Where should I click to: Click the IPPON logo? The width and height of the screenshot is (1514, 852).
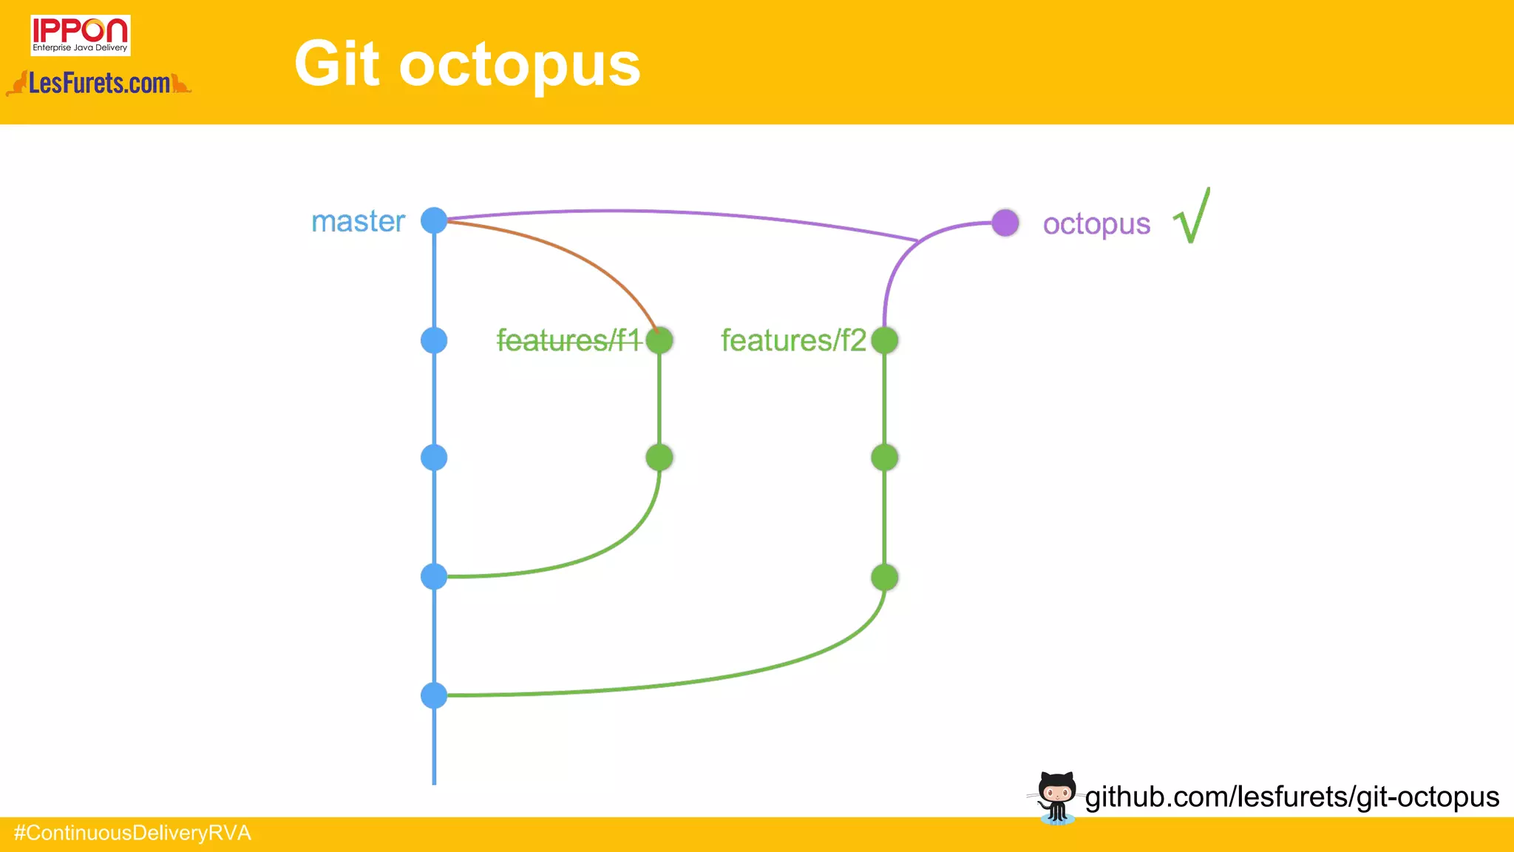[80, 35]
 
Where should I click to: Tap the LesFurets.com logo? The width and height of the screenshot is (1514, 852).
[99, 83]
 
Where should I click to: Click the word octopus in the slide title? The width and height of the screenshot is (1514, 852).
[519, 65]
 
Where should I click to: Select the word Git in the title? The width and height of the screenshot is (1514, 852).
[337, 64]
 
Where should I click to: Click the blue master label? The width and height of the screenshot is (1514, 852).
[359, 221]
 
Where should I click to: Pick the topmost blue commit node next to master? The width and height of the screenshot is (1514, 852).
[434, 220]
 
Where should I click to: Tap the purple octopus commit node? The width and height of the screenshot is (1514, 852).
[1005, 223]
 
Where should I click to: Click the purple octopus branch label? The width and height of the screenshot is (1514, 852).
[1096, 224]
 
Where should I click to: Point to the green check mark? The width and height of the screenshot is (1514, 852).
[1192, 216]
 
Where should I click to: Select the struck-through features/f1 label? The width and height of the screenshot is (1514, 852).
[568, 340]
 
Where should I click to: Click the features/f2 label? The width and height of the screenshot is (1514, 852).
[793, 340]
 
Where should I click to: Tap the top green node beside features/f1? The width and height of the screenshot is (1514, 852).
[659, 340]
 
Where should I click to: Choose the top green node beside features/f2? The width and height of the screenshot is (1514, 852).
[884, 340]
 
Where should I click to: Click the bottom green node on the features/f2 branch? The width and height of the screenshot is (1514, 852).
[884, 578]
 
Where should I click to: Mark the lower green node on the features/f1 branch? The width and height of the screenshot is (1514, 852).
[659, 458]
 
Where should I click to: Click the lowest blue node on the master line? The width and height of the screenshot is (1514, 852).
[434, 695]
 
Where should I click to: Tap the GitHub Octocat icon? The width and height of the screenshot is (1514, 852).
[1056, 797]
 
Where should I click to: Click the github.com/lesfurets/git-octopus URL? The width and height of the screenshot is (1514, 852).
[1291, 797]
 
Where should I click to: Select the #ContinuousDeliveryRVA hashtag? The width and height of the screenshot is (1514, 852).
[133, 834]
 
